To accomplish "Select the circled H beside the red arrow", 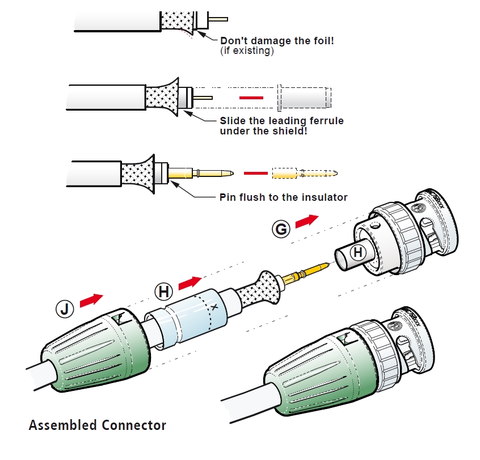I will coord(163,292).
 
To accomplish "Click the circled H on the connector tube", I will coord(358,252).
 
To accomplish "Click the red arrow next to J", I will coord(91,300).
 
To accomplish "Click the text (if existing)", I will coord(247,51).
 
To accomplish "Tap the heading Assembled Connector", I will coord(98,425).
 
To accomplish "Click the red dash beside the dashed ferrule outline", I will coord(251,98).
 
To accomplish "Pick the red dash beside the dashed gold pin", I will coord(255,172).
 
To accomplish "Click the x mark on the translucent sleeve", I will coord(214,307).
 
